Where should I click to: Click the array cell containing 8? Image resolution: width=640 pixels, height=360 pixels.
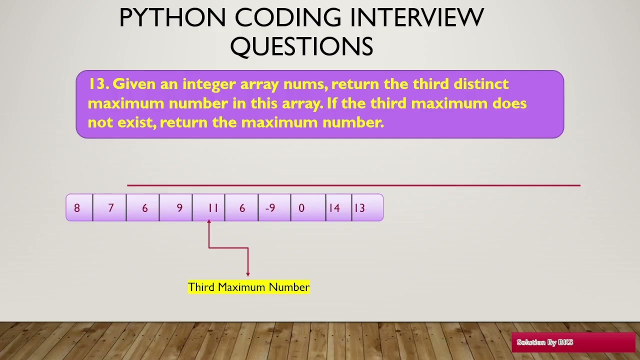pyautogui.click(x=79, y=208)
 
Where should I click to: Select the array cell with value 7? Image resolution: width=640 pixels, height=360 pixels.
pyautogui.click(x=110, y=208)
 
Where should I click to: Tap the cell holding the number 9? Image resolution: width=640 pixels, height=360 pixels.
pyautogui.click(x=176, y=208)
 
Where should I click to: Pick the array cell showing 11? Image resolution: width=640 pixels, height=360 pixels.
pyautogui.click(x=209, y=208)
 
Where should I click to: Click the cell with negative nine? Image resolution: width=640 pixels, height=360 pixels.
pyautogui.click(x=274, y=208)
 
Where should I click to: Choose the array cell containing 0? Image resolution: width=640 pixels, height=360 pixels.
pyautogui.click(x=307, y=208)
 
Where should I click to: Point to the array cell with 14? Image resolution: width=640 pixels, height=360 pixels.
pyautogui.click(x=339, y=208)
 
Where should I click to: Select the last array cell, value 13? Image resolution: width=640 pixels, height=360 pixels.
pyautogui.click(x=367, y=208)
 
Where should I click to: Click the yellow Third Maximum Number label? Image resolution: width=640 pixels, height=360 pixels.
pyautogui.click(x=248, y=287)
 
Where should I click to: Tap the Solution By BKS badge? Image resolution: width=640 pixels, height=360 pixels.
pyautogui.click(x=573, y=342)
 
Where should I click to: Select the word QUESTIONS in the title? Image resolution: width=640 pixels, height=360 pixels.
pyautogui.click(x=301, y=46)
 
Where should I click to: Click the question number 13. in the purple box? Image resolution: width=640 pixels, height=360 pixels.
pyautogui.click(x=98, y=84)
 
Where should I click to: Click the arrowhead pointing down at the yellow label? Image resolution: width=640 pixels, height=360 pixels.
pyautogui.click(x=247, y=273)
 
